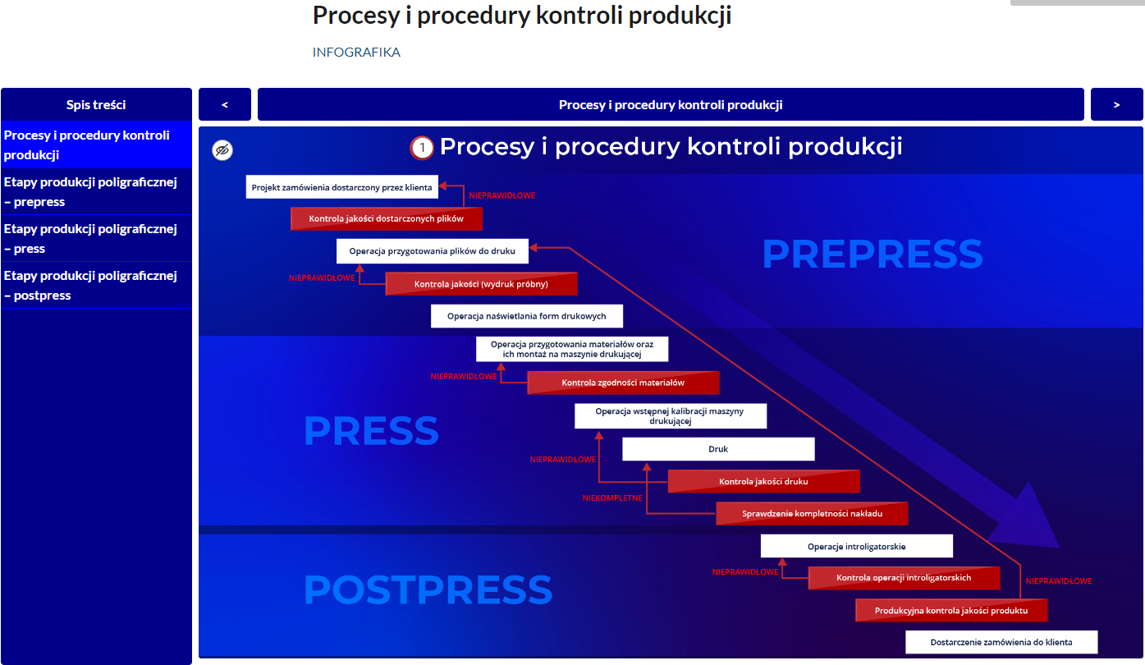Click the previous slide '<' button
[x=225, y=104]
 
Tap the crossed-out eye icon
[x=222, y=149]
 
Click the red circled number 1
[x=422, y=148]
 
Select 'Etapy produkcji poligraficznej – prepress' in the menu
[x=91, y=191]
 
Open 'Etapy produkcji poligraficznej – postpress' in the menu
[x=91, y=285]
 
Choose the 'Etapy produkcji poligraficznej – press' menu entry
[x=91, y=238]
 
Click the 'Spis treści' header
[x=96, y=104]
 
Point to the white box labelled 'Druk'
[x=718, y=449]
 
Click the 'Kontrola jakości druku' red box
[x=763, y=481]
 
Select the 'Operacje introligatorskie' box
[x=856, y=546]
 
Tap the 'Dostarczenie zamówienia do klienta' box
[x=1001, y=642]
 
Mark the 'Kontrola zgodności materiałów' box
[x=623, y=383]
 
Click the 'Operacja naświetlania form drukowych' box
[x=527, y=316]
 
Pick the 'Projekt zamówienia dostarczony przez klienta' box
[x=341, y=187]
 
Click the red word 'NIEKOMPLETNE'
[x=612, y=498]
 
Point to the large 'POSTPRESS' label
[x=428, y=589]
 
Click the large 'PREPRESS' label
[x=872, y=254]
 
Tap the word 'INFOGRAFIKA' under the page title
[x=356, y=53]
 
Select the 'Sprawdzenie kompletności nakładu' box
[x=812, y=514]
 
